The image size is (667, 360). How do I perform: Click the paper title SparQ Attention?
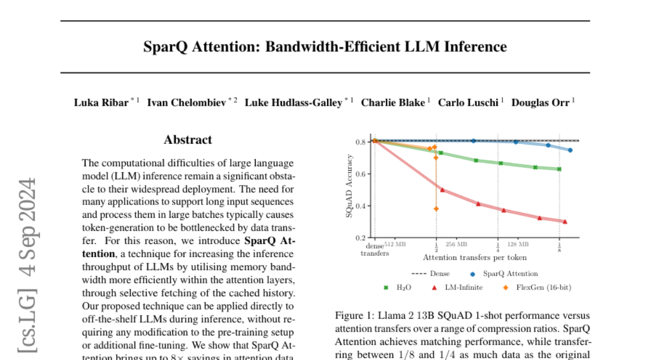325,47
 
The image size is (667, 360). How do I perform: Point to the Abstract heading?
188,140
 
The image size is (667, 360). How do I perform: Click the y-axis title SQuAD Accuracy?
350,189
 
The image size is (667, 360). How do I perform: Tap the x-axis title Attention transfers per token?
475,258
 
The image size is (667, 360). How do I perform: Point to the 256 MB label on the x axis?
456,244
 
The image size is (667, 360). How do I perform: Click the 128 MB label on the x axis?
517,244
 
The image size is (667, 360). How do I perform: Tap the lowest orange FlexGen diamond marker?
436,209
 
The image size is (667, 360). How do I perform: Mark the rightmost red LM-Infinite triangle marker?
565,222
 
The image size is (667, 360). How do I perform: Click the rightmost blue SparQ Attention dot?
570,150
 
